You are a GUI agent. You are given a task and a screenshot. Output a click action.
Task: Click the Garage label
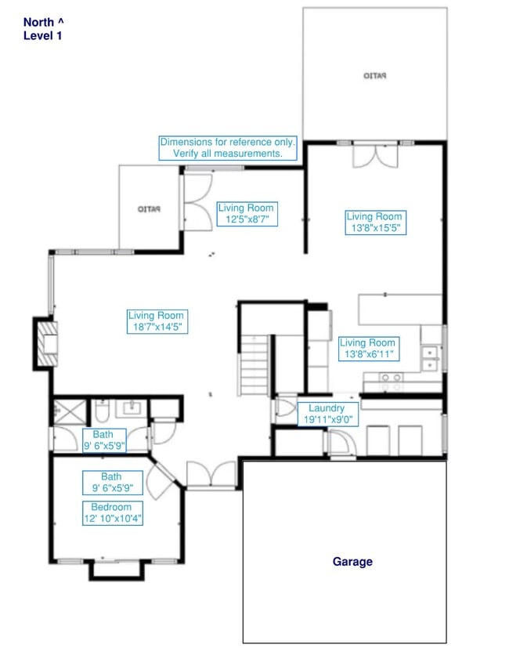pos(352,561)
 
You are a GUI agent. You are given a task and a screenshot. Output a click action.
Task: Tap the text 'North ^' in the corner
pos(45,22)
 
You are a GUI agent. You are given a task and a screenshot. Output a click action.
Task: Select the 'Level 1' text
pos(42,35)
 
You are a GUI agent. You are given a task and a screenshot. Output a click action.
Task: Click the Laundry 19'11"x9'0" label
pos(327,414)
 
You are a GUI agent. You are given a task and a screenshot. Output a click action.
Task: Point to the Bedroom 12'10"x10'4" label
pos(112,512)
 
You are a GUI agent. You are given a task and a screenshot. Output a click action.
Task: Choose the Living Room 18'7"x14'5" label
pos(156,321)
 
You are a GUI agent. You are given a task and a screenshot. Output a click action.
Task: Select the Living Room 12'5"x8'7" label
pos(246,214)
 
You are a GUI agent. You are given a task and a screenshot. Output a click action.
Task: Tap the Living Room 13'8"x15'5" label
pos(374,223)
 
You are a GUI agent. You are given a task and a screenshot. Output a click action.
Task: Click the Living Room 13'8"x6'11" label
pos(368,349)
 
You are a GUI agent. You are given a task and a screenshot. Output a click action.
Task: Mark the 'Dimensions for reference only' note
pos(228,148)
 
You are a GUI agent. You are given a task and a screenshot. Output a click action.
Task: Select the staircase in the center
pos(254,364)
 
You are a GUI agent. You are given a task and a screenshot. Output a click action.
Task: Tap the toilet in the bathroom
pos(102,411)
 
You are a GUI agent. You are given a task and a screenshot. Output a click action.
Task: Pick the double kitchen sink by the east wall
pos(431,358)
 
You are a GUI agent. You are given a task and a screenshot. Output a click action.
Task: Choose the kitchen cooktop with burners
pos(391,382)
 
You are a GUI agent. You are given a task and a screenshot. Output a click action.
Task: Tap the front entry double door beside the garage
pos(211,476)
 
